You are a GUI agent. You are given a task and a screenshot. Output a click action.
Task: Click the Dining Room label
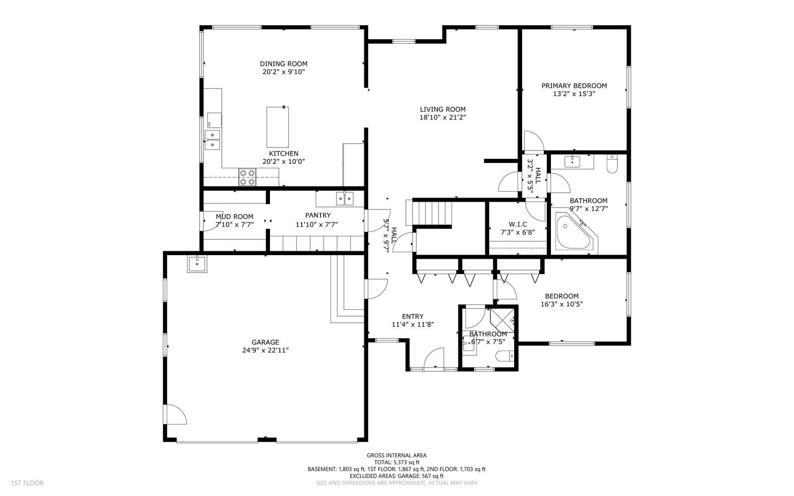coord(283,64)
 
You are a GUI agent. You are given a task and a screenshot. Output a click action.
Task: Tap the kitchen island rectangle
coord(277,127)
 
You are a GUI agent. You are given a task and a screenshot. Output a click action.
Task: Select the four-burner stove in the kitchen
coord(247,177)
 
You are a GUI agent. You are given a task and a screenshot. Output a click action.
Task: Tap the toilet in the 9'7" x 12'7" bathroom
coord(612,165)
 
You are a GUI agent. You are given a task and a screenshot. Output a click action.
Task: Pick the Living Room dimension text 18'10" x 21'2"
coord(443,118)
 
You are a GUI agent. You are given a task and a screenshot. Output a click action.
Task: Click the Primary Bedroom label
coord(574,85)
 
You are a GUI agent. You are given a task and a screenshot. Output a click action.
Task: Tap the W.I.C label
coord(518,224)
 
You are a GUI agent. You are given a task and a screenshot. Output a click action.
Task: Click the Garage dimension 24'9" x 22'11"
coord(265,350)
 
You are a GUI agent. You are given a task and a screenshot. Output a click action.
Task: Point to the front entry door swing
coord(433,357)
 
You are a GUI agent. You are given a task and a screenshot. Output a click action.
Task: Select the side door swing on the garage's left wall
coord(175,415)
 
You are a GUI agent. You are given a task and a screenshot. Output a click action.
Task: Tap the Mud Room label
coord(234,216)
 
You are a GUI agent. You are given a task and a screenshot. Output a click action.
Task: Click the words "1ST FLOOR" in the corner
coord(27,483)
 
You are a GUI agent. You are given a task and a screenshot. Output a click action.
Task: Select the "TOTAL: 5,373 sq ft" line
coord(397,462)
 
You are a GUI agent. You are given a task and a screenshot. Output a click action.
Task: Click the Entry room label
coord(412,316)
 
